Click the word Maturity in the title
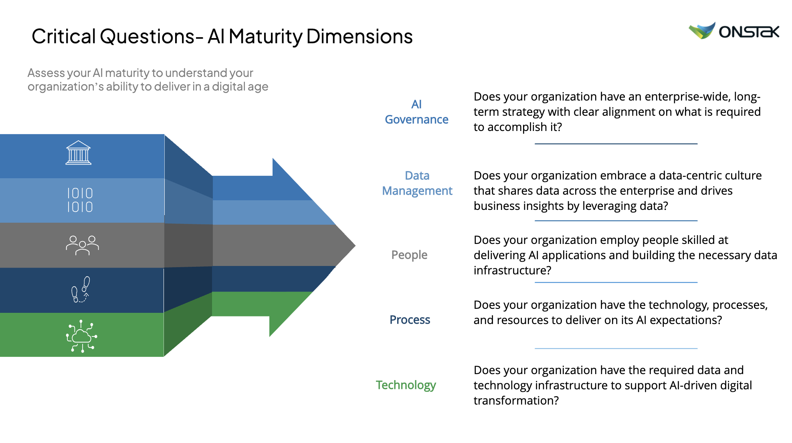coord(265,37)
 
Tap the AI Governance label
coord(416,112)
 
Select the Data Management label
coord(417,183)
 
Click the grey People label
coord(409,255)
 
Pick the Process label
coord(410,320)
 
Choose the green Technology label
coord(406,385)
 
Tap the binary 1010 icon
coord(80,200)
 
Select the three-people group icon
coord(82,245)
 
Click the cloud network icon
coord(82,336)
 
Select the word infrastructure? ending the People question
coord(512,270)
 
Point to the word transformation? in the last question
coord(516,401)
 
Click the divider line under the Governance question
coord(616,143)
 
